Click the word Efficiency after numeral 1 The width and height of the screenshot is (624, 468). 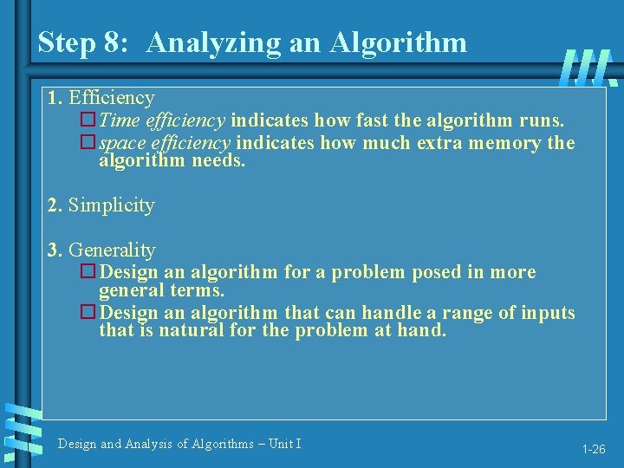click(112, 98)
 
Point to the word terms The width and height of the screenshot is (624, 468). click(197, 290)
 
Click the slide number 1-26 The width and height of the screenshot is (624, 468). click(594, 450)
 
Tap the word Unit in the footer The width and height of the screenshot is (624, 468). click(281, 444)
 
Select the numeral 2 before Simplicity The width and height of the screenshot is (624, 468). click(55, 205)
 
